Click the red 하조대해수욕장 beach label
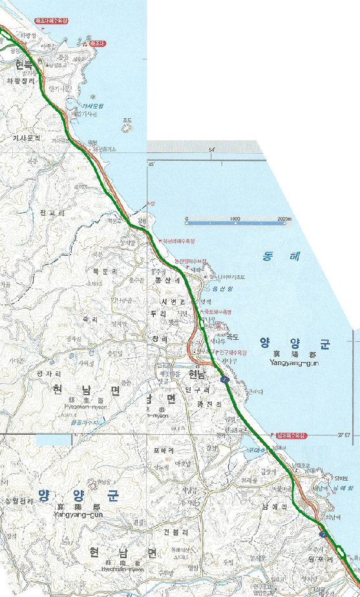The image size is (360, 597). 50,21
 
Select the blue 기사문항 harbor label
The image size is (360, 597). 92,105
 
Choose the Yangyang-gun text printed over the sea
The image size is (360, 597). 291,363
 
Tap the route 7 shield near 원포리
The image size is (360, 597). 322,534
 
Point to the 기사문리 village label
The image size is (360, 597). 26,138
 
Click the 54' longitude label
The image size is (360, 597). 211,150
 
